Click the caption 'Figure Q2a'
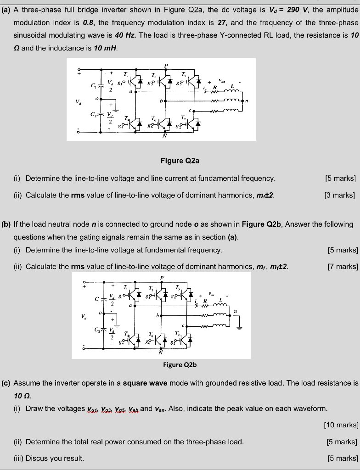(180, 161)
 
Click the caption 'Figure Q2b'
(180, 365)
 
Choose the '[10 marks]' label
(341, 425)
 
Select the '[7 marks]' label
(343, 266)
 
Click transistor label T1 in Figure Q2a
(126, 74)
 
